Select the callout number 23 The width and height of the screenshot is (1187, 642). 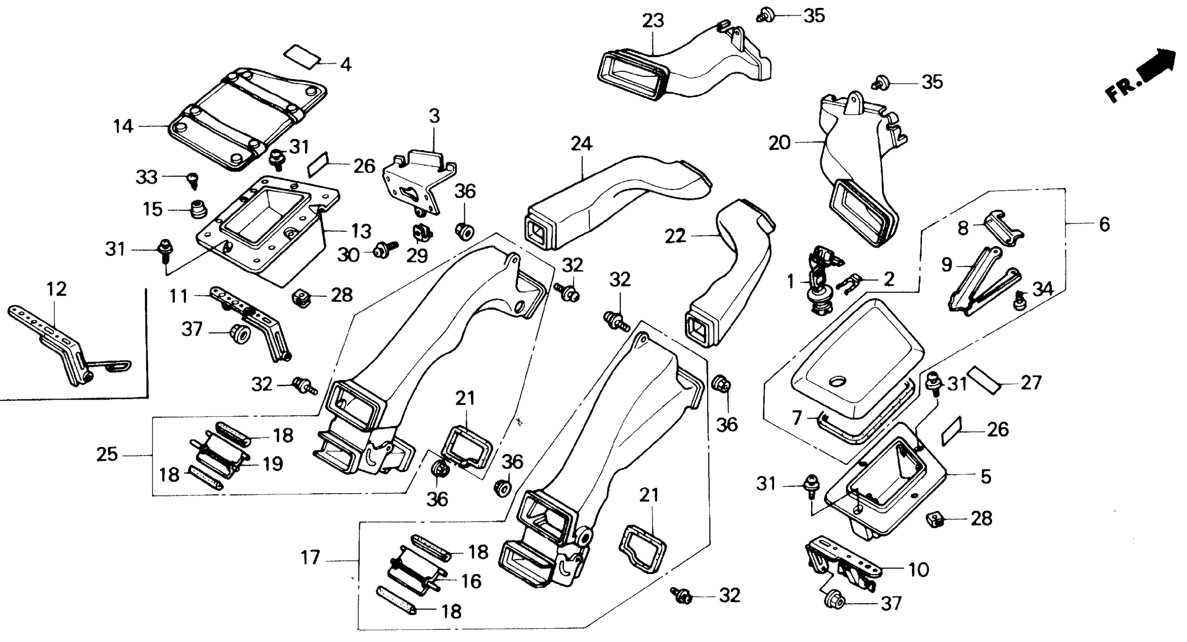653,21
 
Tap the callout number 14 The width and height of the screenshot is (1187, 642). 123,126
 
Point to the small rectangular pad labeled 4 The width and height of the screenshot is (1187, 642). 302,56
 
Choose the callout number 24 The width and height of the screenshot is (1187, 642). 581,144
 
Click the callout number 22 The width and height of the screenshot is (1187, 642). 676,237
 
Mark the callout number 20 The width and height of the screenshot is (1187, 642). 779,143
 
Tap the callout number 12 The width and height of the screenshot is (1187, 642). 56,289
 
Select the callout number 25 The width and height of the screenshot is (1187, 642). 107,455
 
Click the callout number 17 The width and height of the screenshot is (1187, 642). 310,558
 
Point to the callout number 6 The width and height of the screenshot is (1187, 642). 1104,224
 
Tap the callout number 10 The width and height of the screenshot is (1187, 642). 918,570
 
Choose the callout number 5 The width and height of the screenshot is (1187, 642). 986,477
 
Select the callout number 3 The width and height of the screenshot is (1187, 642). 434,117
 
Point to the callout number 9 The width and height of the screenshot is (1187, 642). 947,265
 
